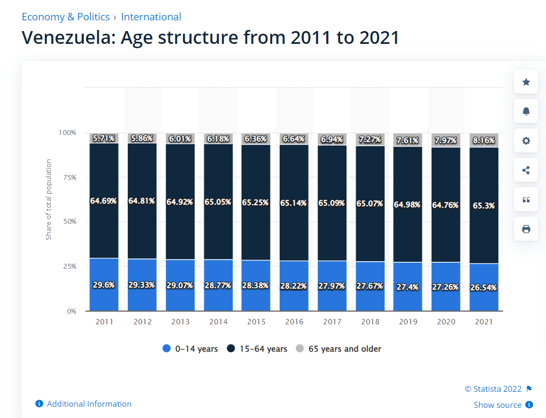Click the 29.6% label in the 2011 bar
(104, 285)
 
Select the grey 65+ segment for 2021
(484, 140)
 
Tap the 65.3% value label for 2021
(484, 205)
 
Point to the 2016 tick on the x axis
(294, 322)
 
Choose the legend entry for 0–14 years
(190, 349)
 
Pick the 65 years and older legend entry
(339, 349)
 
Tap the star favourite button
(526, 82)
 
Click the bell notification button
(526, 111)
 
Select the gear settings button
(526, 141)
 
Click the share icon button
(526, 170)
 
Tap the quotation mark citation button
(526, 200)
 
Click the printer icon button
(526, 229)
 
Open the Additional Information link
(89, 404)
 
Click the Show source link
(497, 405)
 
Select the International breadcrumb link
(151, 17)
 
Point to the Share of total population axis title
(49, 199)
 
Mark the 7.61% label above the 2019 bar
(408, 141)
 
